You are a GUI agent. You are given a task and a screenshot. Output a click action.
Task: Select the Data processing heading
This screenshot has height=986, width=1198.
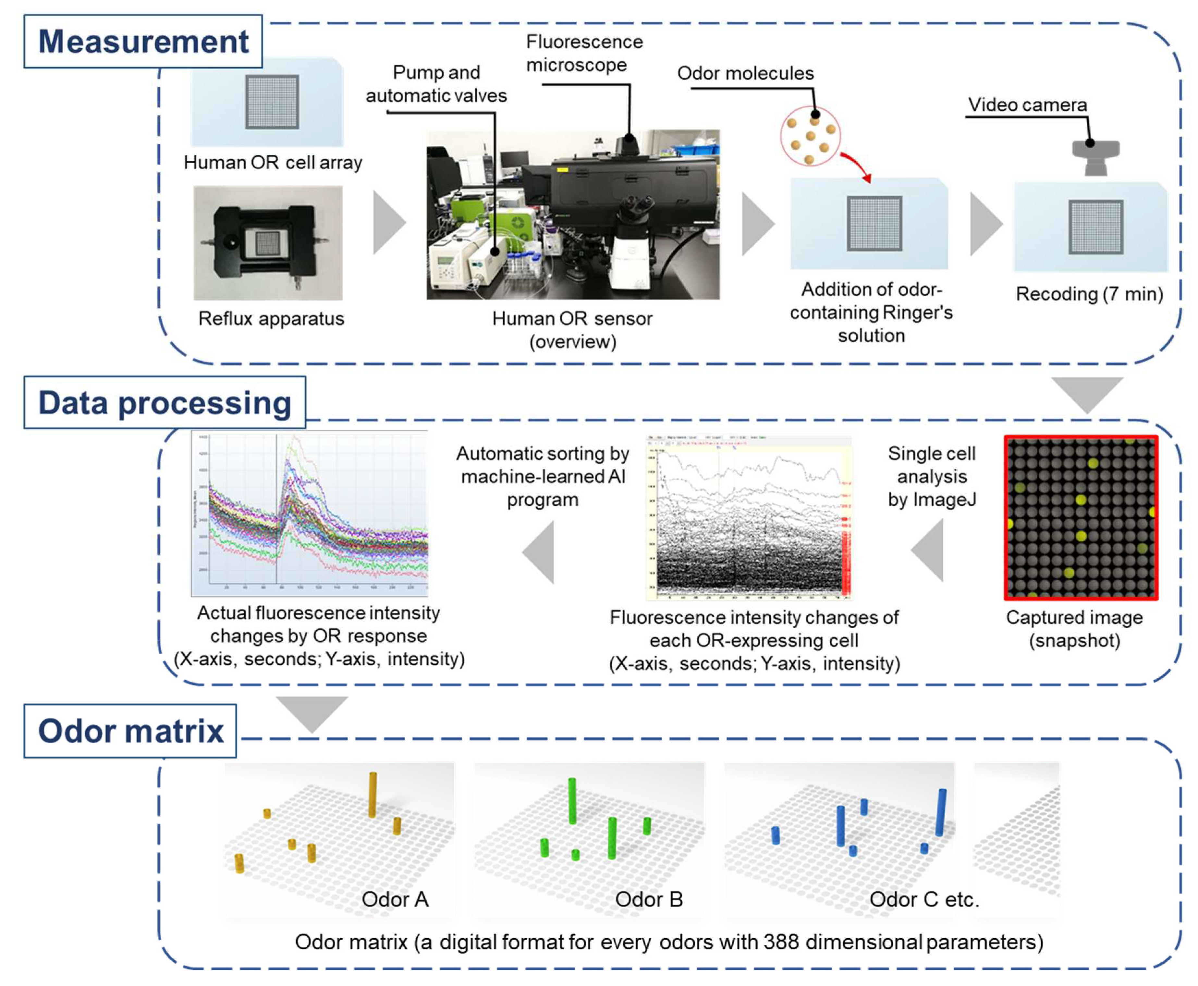click(x=164, y=403)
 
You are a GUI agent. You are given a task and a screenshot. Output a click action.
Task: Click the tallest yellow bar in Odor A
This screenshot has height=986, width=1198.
click(x=373, y=794)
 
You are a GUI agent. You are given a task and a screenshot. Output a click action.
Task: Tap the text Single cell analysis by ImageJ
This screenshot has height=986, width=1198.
click(x=931, y=476)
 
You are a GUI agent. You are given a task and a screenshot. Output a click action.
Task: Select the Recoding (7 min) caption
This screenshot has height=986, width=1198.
click(x=1089, y=294)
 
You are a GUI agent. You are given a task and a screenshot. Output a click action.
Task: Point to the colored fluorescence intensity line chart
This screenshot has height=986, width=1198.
click(x=310, y=513)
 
